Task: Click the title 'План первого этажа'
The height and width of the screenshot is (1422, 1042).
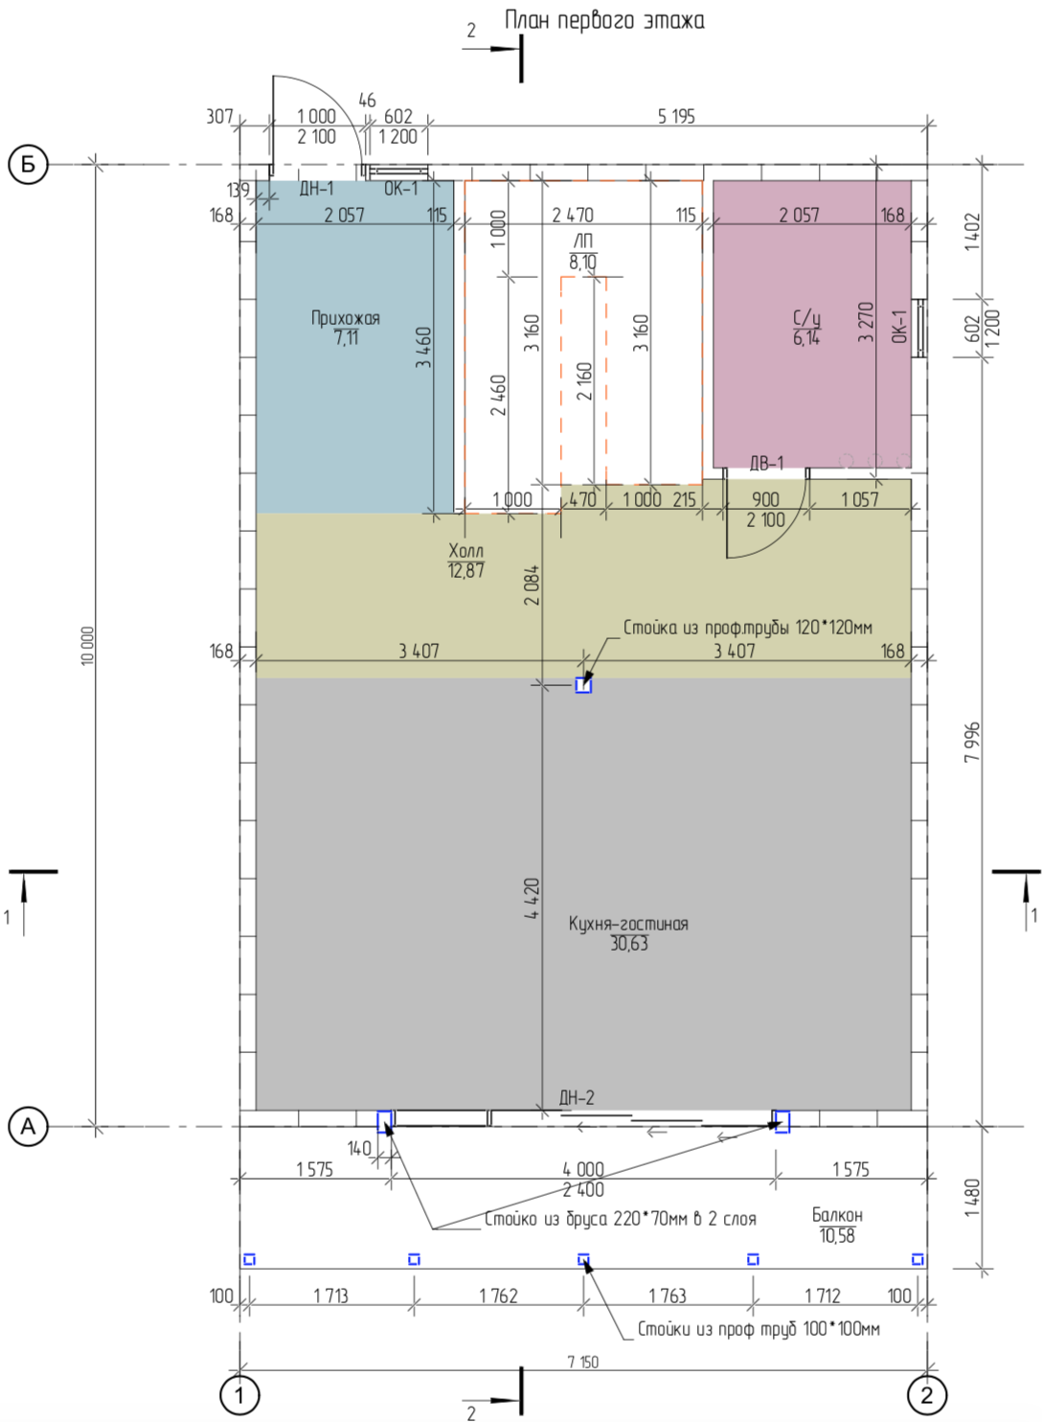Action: click(x=604, y=21)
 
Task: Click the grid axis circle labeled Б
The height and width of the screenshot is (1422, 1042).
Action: click(x=28, y=165)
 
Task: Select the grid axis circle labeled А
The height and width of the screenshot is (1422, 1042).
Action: click(x=28, y=1127)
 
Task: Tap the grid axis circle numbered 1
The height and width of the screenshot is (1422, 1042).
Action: click(x=239, y=1395)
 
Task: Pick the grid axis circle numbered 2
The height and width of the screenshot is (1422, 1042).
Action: click(x=927, y=1395)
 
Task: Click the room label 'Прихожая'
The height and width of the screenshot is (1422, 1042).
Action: click(x=345, y=318)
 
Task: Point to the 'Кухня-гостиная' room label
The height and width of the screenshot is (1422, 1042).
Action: click(x=628, y=924)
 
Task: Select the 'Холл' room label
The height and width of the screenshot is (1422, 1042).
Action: click(x=465, y=550)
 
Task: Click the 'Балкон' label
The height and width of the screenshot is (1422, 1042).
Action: click(x=838, y=1215)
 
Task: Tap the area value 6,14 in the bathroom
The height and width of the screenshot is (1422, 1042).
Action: click(x=806, y=337)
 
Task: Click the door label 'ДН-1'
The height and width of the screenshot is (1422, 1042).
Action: click(x=317, y=189)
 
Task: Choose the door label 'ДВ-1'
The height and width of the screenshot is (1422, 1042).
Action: click(x=766, y=464)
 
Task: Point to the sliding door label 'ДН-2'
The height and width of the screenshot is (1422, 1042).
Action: click(x=577, y=1097)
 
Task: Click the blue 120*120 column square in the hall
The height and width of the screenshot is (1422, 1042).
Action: click(x=583, y=685)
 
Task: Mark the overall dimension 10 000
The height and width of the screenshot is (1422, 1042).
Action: click(x=87, y=646)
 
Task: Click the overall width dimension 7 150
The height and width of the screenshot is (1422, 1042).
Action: click(x=582, y=1362)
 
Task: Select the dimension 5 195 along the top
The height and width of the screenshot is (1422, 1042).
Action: click(x=676, y=117)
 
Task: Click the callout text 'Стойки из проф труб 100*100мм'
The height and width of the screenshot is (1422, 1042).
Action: click(x=759, y=1329)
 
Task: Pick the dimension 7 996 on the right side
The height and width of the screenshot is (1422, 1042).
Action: click(x=972, y=742)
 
